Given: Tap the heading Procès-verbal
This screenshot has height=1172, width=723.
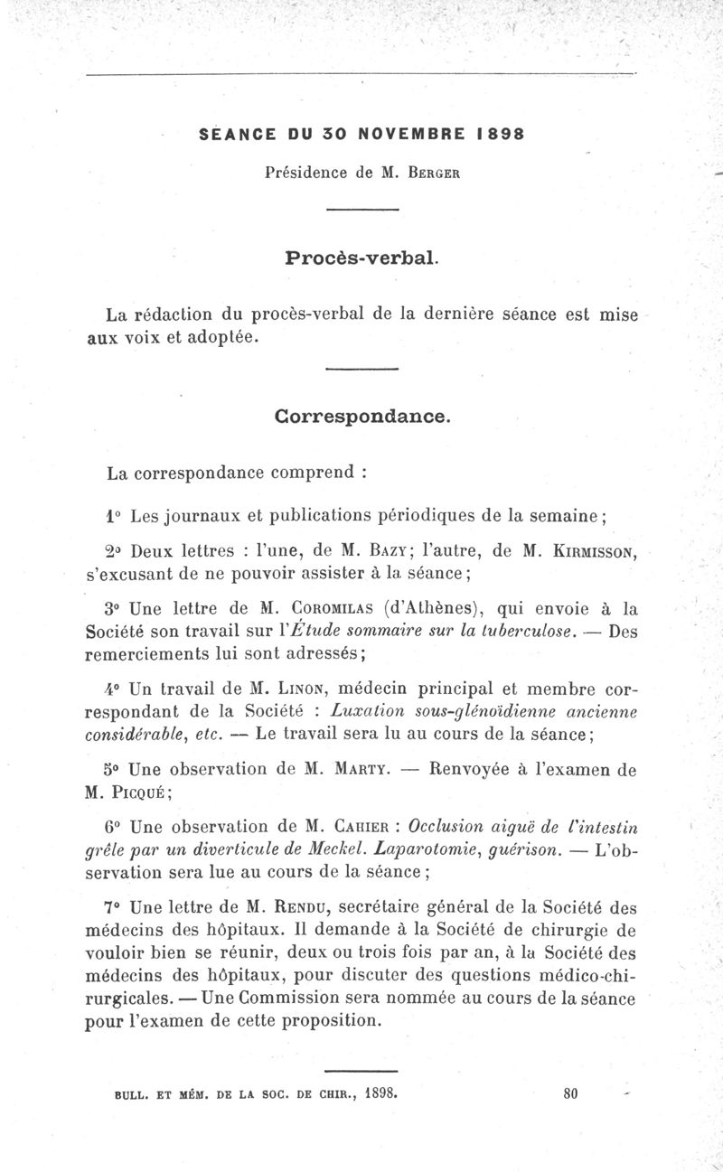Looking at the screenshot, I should tap(361, 258).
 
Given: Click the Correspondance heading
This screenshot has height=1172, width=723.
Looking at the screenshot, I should tap(361, 417).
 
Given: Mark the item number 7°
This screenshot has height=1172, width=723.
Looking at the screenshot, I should tap(115, 907).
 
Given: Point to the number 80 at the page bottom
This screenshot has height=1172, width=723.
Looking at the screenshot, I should tap(569, 1092).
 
